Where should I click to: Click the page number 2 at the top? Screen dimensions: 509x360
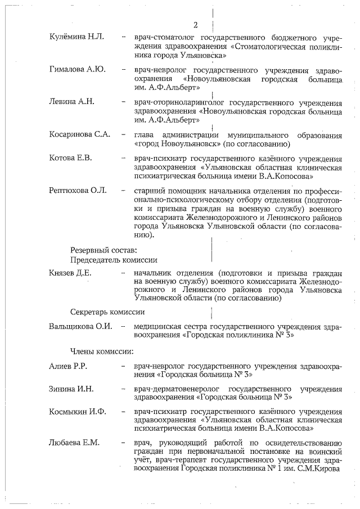pos(196,25)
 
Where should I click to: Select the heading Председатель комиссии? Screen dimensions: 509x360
pos(114,260)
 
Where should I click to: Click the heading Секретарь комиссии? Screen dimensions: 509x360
pos(107,311)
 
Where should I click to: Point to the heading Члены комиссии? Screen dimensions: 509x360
pos(101,352)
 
